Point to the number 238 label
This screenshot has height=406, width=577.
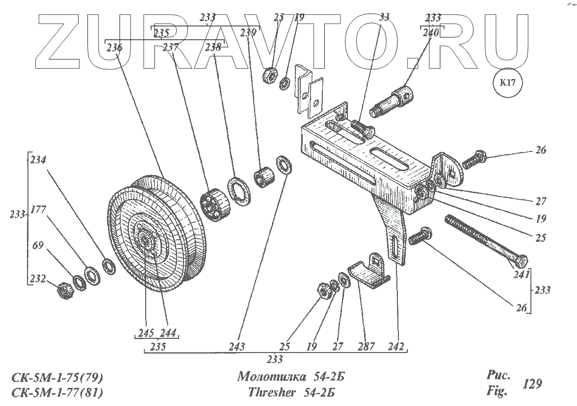pyautogui.click(x=213, y=48)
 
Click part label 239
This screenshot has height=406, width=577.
pyautogui.click(x=248, y=33)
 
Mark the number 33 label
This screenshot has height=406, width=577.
pyautogui.click(x=384, y=17)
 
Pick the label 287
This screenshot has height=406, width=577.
pyautogui.click(x=366, y=347)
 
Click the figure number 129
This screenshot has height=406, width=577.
pyautogui.click(x=533, y=384)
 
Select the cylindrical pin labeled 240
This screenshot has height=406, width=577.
pyautogui.click(x=395, y=100)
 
